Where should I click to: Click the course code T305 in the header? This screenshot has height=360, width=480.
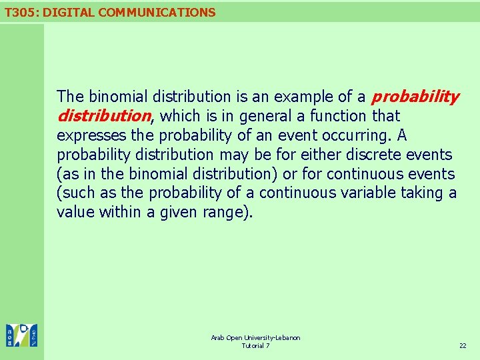point(19,12)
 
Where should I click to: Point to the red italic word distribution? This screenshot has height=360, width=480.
point(105,117)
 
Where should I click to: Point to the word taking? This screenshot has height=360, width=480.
point(423,193)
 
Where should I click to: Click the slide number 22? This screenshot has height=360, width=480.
point(463,346)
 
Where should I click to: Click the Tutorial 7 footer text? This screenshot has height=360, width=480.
point(255,346)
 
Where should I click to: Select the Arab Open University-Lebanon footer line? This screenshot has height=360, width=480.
point(255,338)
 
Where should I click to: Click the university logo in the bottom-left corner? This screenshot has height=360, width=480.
point(21,335)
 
